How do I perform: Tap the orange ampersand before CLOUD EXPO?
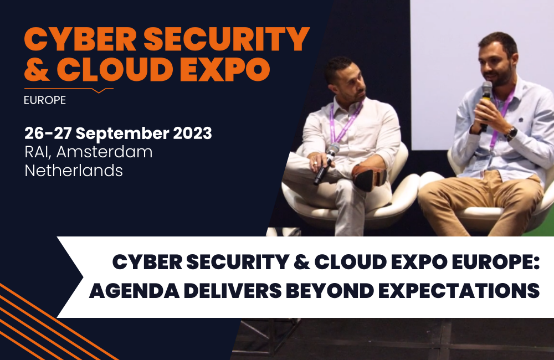37,68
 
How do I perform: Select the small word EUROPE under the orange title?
45,100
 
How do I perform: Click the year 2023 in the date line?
192,133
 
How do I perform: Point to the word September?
122,133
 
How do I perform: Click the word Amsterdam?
104,152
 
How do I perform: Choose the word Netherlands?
74,171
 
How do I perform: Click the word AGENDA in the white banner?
134,291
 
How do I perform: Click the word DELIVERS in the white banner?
232,291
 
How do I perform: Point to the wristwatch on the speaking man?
511,133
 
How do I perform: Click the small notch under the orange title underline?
99,91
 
